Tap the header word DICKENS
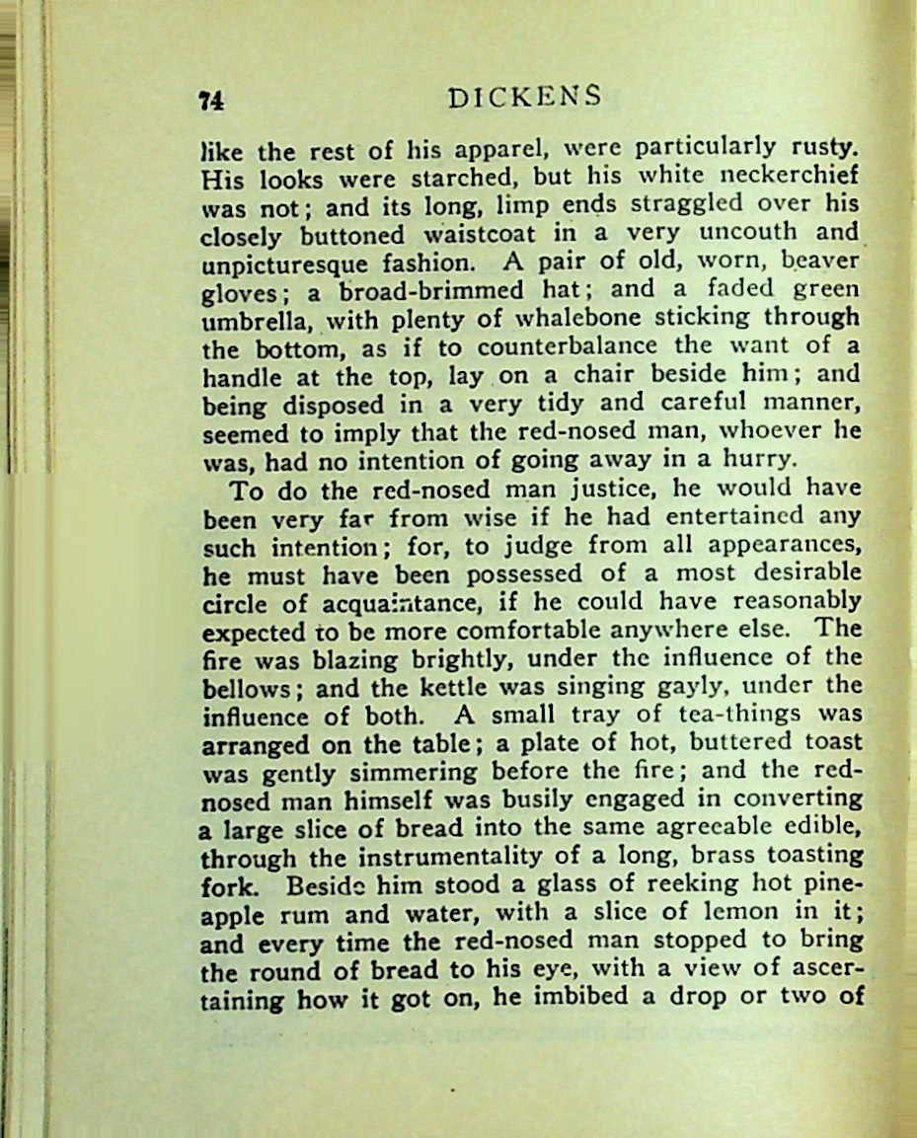point(523,97)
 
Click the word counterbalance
point(568,347)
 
